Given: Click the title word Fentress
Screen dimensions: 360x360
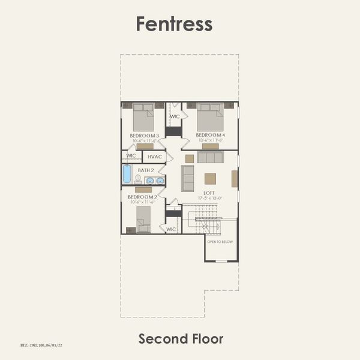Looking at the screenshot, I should [x=174, y=23].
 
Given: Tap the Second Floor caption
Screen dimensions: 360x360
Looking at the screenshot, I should [x=181, y=338].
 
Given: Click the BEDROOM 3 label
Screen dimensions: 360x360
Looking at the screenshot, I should [x=144, y=136].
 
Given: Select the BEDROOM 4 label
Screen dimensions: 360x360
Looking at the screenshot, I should [x=211, y=136].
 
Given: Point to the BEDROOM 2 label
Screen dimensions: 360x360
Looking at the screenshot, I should [x=142, y=197].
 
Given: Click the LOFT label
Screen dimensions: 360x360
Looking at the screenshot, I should [x=209, y=193].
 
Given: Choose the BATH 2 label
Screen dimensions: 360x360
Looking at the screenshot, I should [x=146, y=170].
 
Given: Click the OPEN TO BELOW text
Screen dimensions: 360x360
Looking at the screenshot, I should [x=220, y=242].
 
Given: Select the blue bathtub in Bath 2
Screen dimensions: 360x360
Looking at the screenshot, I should [x=127, y=174].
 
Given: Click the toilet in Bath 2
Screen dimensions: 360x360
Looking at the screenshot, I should [x=138, y=179].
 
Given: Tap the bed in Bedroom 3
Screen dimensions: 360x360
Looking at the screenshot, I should [x=143, y=118].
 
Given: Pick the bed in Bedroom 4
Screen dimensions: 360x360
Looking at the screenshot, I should [x=210, y=117].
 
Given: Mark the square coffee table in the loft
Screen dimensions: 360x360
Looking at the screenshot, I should [x=210, y=178].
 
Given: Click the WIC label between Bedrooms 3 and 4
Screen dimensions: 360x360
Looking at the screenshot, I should [x=175, y=116].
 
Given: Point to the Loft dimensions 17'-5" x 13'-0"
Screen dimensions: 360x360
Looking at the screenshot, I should [x=209, y=198].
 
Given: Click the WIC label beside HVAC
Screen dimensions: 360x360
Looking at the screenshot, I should [x=131, y=156].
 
